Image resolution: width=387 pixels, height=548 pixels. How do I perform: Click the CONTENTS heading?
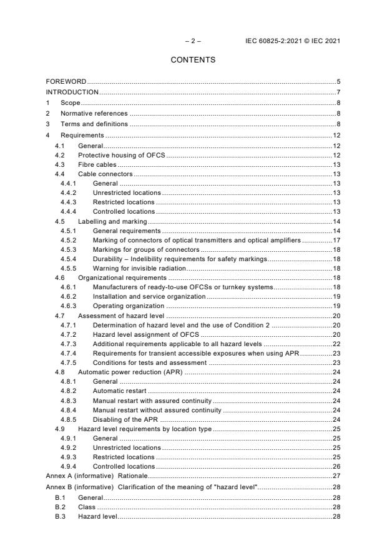pos(193,60)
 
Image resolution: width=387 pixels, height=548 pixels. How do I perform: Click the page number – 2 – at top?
pos(193,41)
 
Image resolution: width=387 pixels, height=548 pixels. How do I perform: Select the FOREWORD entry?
pos(66,82)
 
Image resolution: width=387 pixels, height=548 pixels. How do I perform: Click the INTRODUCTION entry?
pos(73,92)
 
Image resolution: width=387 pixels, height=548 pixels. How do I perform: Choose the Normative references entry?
pos(94,113)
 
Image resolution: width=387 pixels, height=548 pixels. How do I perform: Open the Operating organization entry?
pos(128,306)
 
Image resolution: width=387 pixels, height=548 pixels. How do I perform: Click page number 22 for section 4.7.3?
pos(336,344)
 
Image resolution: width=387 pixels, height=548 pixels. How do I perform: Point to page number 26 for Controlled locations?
pos(336,466)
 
